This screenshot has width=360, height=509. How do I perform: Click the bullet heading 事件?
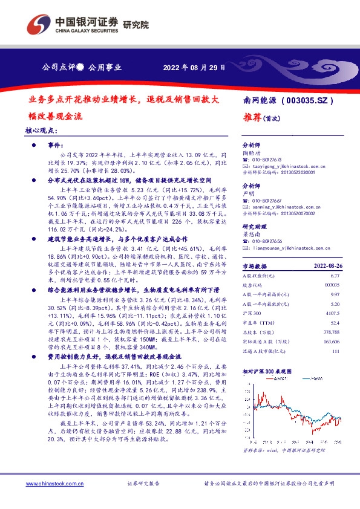click(55, 146)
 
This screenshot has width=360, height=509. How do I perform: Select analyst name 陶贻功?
click(251, 154)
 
